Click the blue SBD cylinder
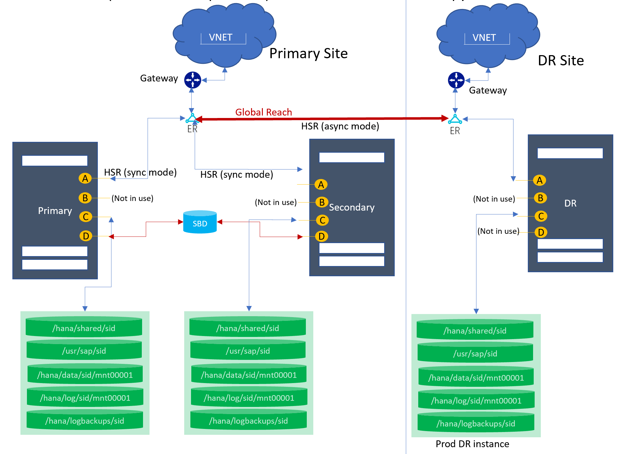(200, 222)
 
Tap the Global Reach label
(263, 112)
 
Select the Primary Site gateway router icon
(193, 80)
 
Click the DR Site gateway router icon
(456, 80)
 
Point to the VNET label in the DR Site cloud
(484, 38)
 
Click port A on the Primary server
(85, 178)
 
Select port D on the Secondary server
(322, 236)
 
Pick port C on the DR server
(541, 216)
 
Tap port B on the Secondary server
(322, 202)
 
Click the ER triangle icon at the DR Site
(455, 119)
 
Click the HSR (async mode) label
(340, 126)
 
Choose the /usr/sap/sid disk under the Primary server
(84, 350)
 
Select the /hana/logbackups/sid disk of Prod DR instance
(476, 423)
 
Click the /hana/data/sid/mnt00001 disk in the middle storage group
(249, 375)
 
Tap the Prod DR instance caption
(472, 444)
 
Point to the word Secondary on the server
(352, 207)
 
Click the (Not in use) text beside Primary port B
(132, 198)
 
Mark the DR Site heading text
(561, 60)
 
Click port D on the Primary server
(86, 236)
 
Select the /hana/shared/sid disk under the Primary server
(84, 328)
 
